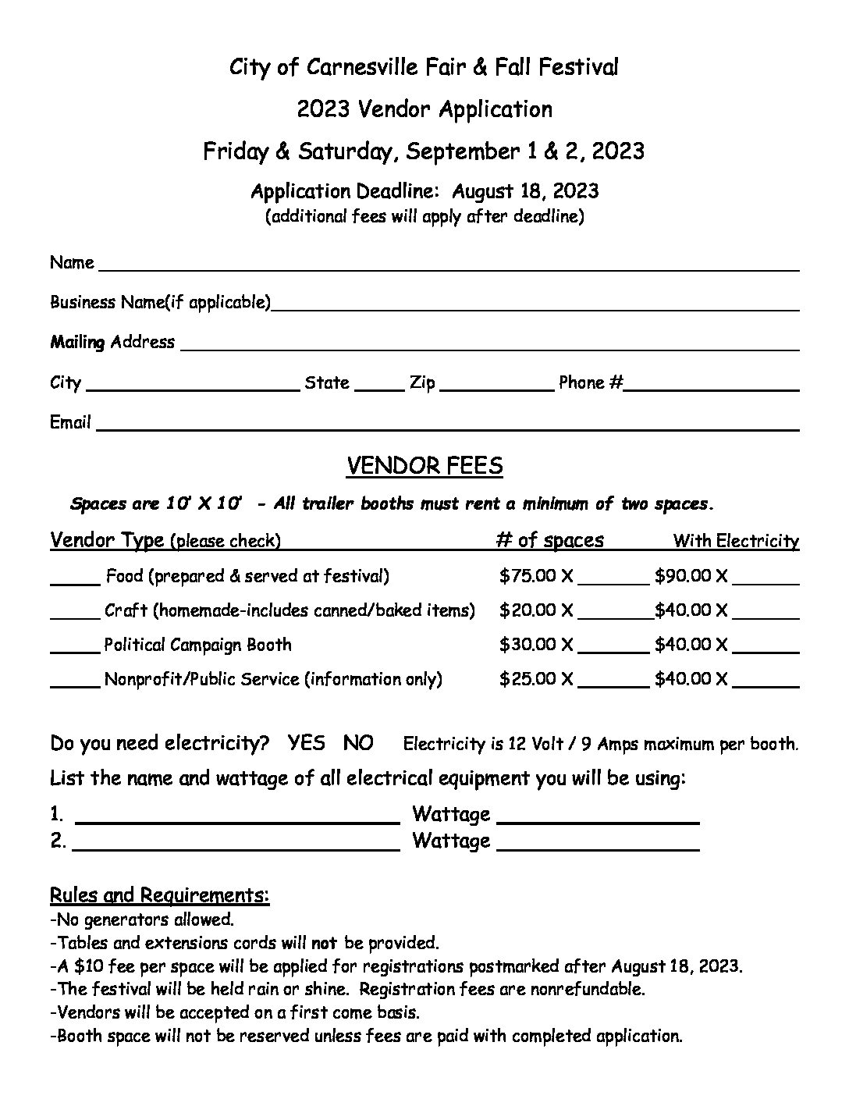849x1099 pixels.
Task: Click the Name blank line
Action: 449,265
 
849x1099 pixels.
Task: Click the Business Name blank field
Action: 535,305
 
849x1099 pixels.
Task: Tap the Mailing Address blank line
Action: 490,345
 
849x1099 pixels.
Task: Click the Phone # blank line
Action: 712,385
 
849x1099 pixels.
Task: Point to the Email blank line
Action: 448,425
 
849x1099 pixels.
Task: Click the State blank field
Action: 379,385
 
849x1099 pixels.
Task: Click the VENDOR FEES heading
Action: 424,466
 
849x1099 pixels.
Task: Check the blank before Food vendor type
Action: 76,579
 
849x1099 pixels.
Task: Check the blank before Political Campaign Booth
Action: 76,648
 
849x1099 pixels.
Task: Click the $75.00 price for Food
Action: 528,577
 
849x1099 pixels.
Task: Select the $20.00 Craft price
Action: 528,610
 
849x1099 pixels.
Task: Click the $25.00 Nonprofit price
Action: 528,679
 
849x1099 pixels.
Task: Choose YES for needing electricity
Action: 307,742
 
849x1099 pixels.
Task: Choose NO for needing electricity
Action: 358,742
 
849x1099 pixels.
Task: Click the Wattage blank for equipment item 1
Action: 598,818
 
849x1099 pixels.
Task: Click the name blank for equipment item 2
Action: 236,845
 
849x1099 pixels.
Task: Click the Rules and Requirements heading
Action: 160,894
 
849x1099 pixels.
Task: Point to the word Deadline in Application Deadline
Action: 400,191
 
